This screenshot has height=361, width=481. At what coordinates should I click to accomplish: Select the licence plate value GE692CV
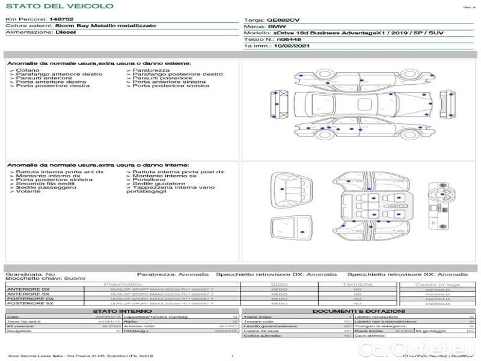tap(283, 20)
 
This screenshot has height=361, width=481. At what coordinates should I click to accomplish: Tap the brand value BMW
tap(277, 27)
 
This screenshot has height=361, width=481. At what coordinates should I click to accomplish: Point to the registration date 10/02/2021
tap(293, 45)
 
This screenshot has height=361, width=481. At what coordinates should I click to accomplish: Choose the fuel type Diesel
tap(66, 32)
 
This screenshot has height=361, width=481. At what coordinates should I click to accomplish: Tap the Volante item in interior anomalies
tap(28, 191)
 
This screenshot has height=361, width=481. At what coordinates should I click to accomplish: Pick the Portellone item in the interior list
tap(149, 179)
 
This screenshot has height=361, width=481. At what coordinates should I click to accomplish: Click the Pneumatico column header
tap(123, 284)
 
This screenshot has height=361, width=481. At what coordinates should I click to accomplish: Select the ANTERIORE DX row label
tap(28, 289)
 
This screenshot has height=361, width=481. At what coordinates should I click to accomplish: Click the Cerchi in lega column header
tap(438, 284)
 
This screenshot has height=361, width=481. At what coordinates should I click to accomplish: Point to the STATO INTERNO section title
tap(118, 311)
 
